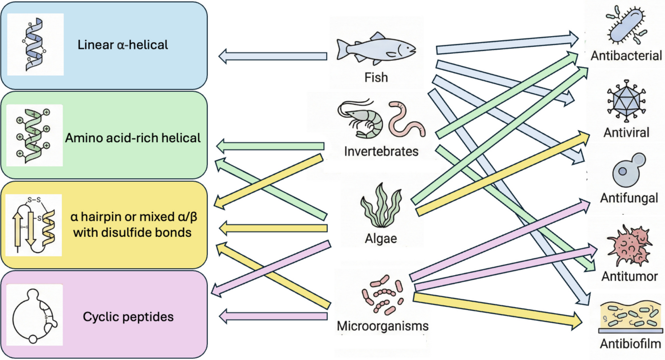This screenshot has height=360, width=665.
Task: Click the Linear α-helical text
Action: pos(123,45)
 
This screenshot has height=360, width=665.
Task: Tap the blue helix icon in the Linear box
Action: pos(36,44)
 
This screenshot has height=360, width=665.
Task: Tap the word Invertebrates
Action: pos(381,152)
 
